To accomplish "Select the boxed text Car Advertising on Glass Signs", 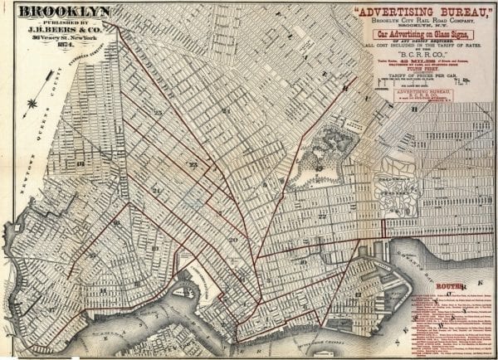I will (418, 35).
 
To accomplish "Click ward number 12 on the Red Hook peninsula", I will (358, 294).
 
